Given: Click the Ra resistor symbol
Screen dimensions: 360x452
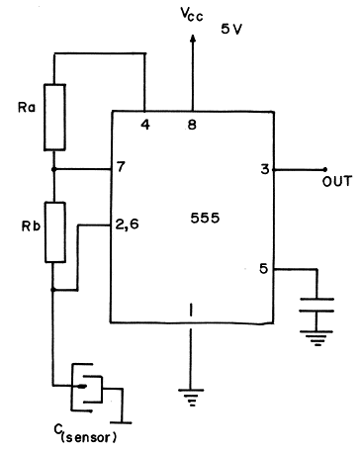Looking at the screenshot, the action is click(54, 118).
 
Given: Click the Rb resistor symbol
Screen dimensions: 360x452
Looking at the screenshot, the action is click(55, 232).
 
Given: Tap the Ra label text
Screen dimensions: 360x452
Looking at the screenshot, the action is click(27, 108).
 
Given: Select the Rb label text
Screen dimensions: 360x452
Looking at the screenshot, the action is click(31, 226).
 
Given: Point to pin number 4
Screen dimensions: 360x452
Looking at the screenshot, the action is click(145, 125).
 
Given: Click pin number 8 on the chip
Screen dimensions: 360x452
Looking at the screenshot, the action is click(192, 125).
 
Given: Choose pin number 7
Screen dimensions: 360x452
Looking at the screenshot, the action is click(121, 167).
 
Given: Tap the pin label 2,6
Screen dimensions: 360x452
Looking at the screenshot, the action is click(128, 225).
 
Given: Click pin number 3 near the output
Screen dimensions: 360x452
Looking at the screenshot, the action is click(265, 169).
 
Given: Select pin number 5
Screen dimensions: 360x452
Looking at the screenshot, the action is click(264, 269).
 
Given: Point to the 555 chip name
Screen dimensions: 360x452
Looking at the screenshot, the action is click(205, 218).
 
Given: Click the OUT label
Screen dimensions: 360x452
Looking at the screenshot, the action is click(337, 182).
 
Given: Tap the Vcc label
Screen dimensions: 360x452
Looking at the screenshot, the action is click(192, 14).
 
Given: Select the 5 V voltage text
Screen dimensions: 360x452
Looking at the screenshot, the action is click(231, 29).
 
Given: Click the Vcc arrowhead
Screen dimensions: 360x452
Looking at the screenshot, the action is click(193, 39).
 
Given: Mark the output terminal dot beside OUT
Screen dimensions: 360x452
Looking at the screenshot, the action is click(325, 169).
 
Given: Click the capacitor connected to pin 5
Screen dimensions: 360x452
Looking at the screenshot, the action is click(316, 305).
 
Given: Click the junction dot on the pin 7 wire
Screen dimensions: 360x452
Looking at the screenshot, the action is click(54, 169).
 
